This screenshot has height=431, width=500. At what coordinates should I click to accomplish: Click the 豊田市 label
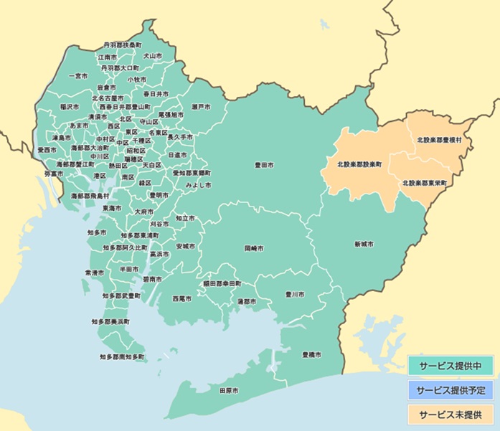tap(265, 165)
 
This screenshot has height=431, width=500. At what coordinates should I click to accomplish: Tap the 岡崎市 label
tap(254, 247)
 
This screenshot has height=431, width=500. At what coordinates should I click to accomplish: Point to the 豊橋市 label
tap(311, 355)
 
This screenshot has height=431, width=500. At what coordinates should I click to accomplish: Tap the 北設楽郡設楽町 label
tap(360, 164)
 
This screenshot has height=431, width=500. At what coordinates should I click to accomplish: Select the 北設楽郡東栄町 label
tap(425, 183)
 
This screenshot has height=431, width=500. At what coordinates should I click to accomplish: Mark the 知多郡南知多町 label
tap(122, 356)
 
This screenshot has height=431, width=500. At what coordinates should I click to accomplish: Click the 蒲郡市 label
tap(247, 302)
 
